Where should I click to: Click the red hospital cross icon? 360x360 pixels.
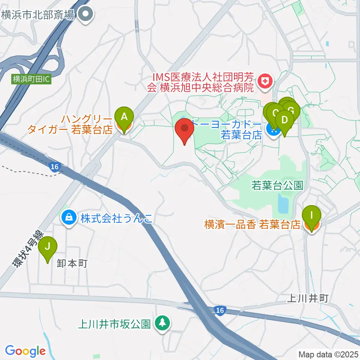[x=265, y=81]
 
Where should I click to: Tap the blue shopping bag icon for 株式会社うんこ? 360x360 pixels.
[x=69, y=216]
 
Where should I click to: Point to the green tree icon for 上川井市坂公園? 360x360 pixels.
[x=162, y=322]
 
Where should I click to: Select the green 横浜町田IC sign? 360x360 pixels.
[x=31, y=79]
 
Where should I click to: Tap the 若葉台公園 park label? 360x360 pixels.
[x=277, y=186]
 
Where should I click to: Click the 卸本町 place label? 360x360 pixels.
[x=72, y=263]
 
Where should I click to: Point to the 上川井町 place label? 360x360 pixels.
[x=307, y=298]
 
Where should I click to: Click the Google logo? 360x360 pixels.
[x=25, y=351]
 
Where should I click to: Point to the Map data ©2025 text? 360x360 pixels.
[x=328, y=354]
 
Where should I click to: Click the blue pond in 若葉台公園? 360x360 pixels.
[x=283, y=203]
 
